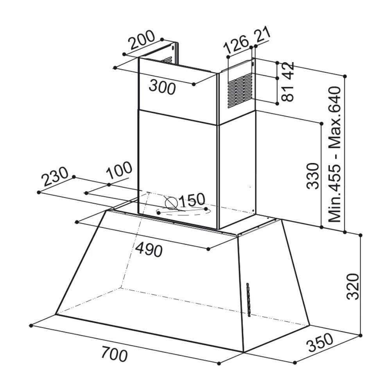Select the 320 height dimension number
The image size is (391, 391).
[x=353, y=287]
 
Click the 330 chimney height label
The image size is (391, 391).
[x=313, y=176]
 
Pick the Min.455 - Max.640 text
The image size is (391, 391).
[x=334, y=154]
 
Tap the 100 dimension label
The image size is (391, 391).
[x=119, y=171]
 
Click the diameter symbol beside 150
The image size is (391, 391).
[x=171, y=203]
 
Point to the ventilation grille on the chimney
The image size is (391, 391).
[x=240, y=91]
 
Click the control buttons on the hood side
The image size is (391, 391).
[x=248, y=300]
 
